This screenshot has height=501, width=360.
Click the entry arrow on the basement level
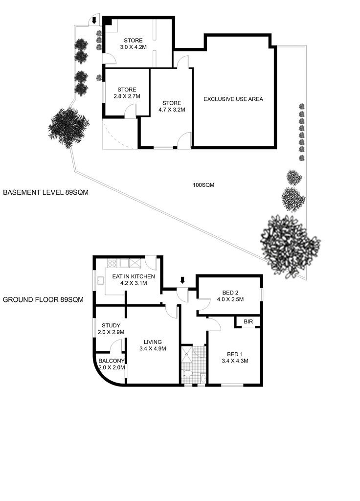tap(94, 21)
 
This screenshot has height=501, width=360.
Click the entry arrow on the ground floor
tap(182, 280)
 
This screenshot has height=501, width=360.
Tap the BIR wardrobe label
tap(248, 321)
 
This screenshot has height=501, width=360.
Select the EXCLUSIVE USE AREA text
tap(233, 99)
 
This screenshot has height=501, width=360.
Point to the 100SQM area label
tap(203, 184)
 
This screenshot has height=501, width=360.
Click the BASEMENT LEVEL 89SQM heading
tap(45, 192)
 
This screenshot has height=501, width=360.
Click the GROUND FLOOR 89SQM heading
tap(43, 300)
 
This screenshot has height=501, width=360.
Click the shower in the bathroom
tap(187, 354)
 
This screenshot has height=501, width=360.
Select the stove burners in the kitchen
tap(112, 263)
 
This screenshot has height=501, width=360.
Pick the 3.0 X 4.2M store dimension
tap(133, 47)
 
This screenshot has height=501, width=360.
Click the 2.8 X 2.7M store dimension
tap(127, 96)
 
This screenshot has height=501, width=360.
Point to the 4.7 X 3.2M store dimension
tap(172, 110)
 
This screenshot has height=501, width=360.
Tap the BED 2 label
tap(230, 293)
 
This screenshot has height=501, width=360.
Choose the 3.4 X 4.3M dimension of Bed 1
tap(235, 361)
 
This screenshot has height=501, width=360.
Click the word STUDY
tap(111, 325)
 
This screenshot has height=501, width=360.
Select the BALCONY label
tap(111, 361)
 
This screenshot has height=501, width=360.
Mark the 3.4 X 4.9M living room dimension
tap(153, 348)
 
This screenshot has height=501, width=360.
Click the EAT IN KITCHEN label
tap(134, 276)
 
